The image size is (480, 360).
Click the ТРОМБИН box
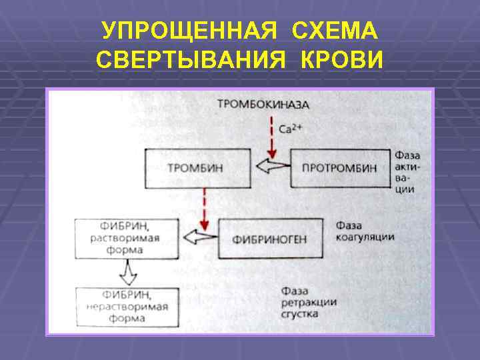198,167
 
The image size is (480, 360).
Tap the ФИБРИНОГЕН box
269,238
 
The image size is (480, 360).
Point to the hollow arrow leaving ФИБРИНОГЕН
201,236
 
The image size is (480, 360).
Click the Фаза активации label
407,171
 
